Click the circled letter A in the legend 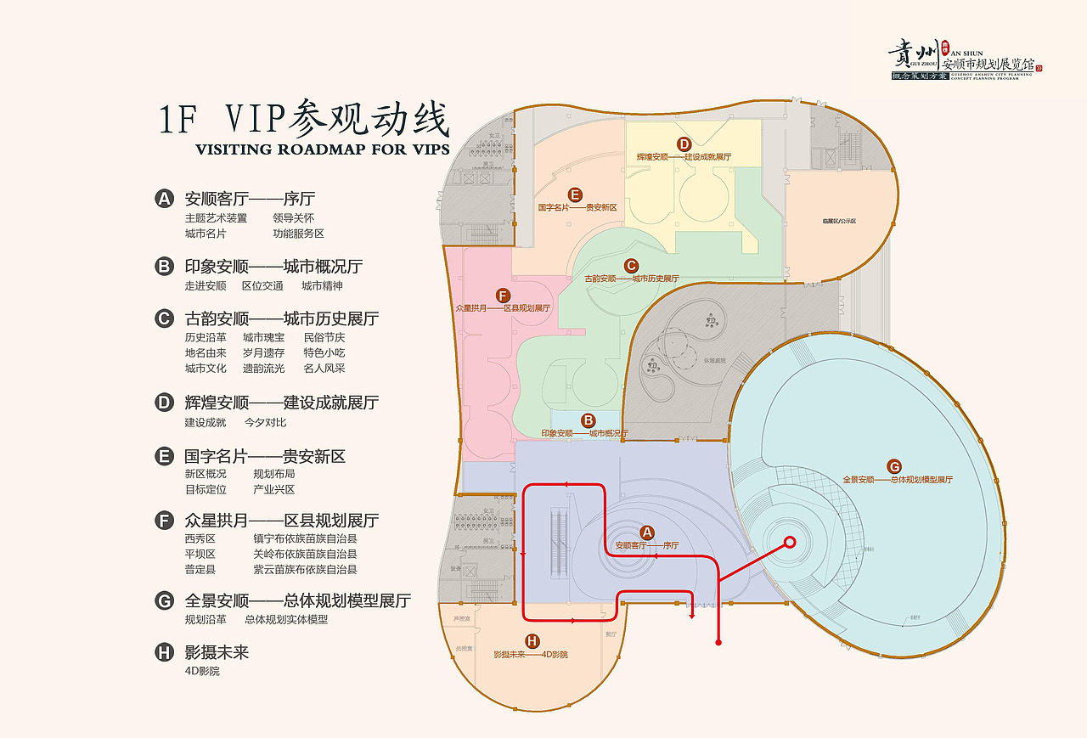(164, 200)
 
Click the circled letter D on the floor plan (684, 144)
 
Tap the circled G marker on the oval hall (894, 466)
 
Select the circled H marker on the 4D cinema (532, 641)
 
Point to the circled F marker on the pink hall (504, 295)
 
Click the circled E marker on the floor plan (575, 194)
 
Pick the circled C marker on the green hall (631, 265)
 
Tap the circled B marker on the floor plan (587, 420)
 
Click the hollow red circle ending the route (789, 542)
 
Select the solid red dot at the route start (719, 643)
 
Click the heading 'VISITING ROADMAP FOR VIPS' (322, 150)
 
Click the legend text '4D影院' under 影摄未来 (202, 671)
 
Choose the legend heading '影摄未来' (217, 652)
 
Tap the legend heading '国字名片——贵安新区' (265, 457)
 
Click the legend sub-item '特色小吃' (324, 352)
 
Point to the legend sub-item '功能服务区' (298, 234)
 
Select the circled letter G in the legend (164, 601)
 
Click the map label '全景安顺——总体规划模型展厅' (898, 480)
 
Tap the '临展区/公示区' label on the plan (839, 221)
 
